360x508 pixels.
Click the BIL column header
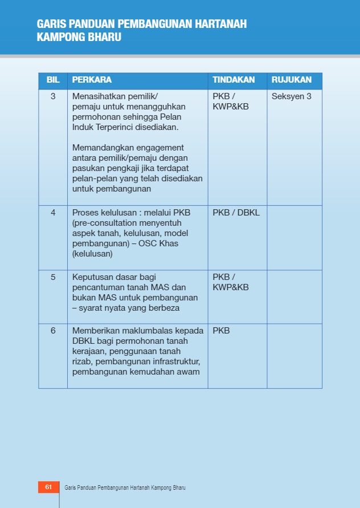[x=53, y=80]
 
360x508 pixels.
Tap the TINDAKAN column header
[x=234, y=80]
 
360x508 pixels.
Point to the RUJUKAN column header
[x=292, y=80]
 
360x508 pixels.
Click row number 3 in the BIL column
[x=53, y=96]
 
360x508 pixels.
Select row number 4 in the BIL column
[x=53, y=213]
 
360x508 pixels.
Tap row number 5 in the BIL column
[x=53, y=277]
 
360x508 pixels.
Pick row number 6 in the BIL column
[x=53, y=331]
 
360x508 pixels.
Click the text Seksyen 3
[x=292, y=96]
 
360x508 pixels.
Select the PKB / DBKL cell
[x=236, y=213]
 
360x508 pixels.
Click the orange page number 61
[x=48, y=487]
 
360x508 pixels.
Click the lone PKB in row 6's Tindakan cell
[x=221, y=331]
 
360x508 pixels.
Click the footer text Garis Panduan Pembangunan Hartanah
[x=108, y=488]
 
